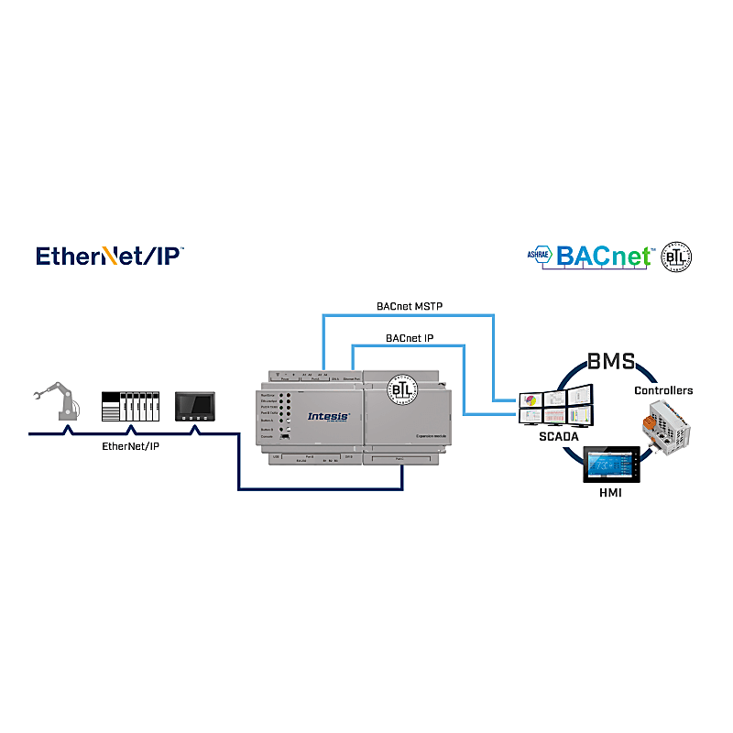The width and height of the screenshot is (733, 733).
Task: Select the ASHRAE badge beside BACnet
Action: pyautogui.click(x=539, y=257)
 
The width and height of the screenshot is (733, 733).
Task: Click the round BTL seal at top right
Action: pyautogui.click(x=677, y=257)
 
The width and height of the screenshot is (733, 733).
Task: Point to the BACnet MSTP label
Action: pyautogui.click(x=410, y=306)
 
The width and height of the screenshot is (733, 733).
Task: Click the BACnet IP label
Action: pyautogui.click(x=410, y=338)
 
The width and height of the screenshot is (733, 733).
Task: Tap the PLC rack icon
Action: pyautogui.click(x=130, y=406)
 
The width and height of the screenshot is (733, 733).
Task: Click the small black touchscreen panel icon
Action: pyautogui.click(x=195, y=406)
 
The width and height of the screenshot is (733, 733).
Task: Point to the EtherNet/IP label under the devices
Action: pyautogui.click(x=129, y=446)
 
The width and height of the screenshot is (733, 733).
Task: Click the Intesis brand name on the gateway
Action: pyautogui.click(x=328, y=416)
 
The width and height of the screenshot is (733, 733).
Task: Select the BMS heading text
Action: pyautogui.click(x=611, y=361)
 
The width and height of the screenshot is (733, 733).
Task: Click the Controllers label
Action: pyautogui.click(x=663, y=390)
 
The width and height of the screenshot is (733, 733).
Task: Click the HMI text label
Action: pyautogui.click(x=610, y=494)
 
